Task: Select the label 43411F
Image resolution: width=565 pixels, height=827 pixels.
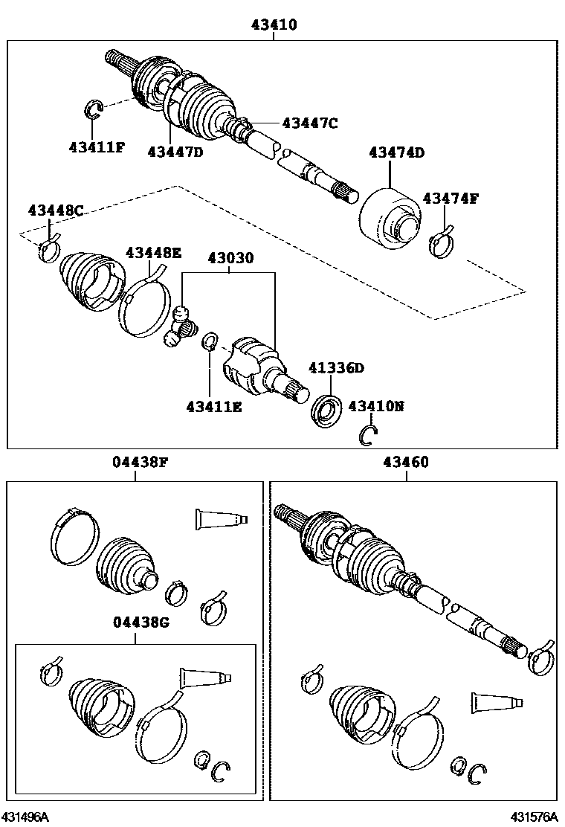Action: [x=96, y=147]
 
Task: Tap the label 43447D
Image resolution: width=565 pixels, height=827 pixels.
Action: [x=175, y=152]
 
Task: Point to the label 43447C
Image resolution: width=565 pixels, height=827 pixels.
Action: [x=309, y=123]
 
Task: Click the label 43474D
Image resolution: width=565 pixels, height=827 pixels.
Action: [x=396, y=153]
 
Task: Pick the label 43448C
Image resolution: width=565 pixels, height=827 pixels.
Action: [x=56, y=210]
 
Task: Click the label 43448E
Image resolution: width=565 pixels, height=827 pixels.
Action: [x=152, y=253]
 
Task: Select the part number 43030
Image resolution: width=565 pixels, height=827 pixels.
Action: [x=230, y=258]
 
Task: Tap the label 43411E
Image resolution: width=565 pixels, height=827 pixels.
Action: [x=213, y=407]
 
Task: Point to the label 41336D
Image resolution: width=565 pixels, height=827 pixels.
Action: [x=337, y=368]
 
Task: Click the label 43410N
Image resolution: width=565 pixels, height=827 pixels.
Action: [x=376, y=406]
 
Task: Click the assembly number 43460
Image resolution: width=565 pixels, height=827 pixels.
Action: [x=406, y=462]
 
